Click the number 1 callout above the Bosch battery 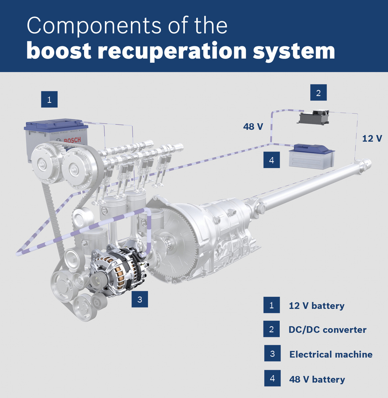49,99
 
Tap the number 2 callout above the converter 318,93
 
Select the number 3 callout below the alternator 140,299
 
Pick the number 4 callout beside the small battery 271,160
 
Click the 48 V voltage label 253,126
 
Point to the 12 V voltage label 372,138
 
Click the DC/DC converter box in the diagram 314,117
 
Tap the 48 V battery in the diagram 312,156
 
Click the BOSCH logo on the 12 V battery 72,140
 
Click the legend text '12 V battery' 316,305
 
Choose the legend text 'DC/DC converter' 327,330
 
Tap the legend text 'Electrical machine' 331,354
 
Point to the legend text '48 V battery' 317,379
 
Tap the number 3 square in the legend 272,354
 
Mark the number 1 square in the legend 271,305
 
